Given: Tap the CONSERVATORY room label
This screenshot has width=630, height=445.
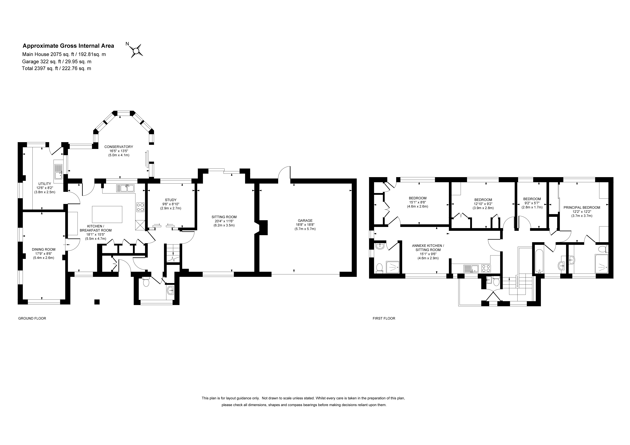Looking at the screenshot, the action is [119, 147].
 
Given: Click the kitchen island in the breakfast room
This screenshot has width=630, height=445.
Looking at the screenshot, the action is [107, 214].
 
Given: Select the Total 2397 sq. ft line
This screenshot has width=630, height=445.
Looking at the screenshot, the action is [57, 68].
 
